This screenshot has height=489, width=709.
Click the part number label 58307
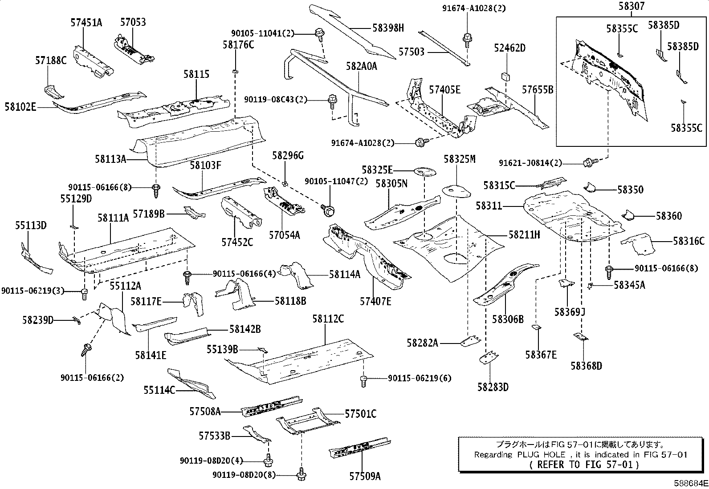631,6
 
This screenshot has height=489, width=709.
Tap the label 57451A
86,22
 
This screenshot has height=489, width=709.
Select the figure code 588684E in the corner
690,483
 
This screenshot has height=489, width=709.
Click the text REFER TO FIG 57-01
585,465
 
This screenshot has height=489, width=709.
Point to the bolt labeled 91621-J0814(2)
588,163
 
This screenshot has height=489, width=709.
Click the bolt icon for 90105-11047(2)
328,210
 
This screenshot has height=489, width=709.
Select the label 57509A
365,477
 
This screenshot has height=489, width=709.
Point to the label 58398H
388,28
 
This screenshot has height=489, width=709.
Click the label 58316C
689,241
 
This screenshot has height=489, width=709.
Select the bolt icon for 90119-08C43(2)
332,101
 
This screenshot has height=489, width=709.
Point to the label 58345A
629,285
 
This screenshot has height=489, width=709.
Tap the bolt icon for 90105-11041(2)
319,33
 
